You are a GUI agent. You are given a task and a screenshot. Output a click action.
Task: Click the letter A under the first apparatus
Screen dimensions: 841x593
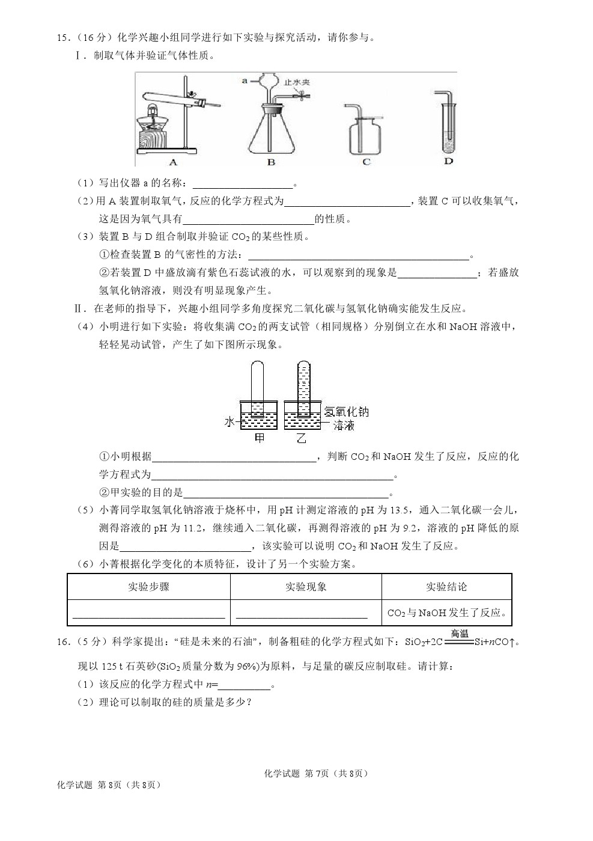point(174,162)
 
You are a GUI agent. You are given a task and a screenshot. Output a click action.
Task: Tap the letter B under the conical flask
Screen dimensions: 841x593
point(271,162)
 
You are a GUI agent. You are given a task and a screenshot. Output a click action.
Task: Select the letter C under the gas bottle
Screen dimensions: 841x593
point(366,162)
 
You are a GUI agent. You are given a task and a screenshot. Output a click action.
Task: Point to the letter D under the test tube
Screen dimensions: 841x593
point(448,161)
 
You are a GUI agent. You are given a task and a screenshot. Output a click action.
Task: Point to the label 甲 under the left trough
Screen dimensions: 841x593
point(260,438)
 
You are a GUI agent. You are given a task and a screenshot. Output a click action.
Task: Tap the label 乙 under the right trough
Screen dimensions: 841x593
point(301,438)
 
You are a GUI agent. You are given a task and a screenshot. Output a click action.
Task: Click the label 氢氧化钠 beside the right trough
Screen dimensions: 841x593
point(347,411)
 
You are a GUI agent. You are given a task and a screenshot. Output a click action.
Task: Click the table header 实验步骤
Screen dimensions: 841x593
point(148,587)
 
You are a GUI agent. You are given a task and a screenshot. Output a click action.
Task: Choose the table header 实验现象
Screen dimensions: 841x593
point(306,587)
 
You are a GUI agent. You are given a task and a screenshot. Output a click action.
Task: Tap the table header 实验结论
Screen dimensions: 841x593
point(446,587)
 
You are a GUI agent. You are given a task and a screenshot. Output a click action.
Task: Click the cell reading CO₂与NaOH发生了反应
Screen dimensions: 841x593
point(446,613)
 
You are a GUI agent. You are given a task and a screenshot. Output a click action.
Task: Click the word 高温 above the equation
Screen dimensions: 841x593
point(460,634)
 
